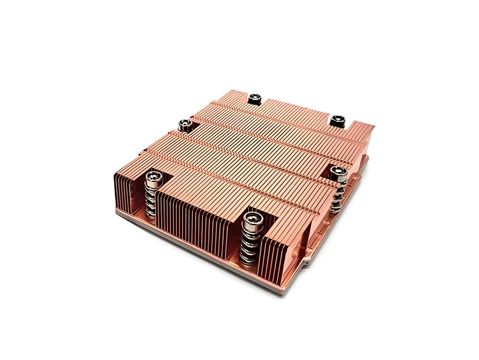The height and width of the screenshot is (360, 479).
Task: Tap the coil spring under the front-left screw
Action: point(153,201)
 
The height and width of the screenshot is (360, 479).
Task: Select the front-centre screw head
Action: point(251,217)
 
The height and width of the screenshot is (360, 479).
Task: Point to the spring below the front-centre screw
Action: point(248,243)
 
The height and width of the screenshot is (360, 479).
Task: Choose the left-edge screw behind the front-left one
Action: point(186,124)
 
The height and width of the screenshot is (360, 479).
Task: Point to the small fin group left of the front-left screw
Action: point(128,192)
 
